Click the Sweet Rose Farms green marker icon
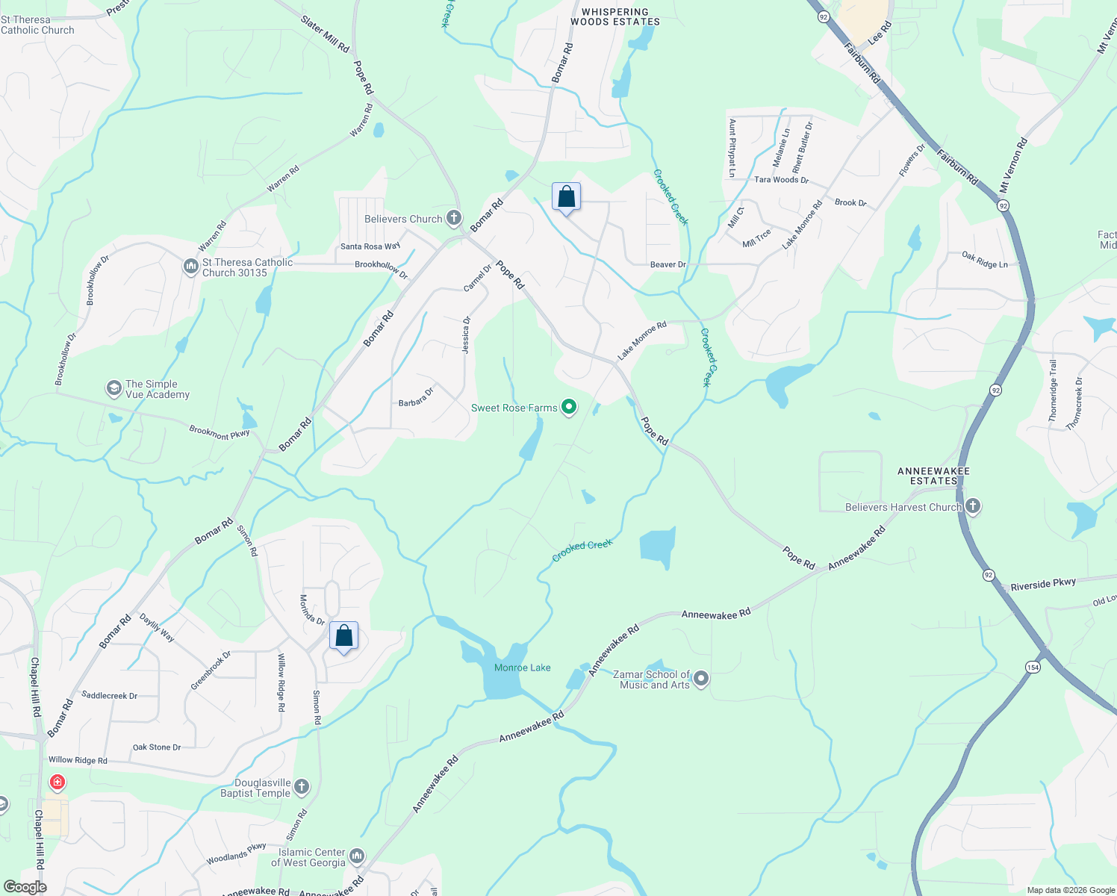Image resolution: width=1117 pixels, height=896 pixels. tap(569, 407)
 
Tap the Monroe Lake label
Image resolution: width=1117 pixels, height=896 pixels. tap(522, 668)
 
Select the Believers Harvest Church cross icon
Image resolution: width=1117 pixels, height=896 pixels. tap(972, 506)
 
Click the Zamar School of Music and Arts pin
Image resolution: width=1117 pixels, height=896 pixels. tap(700, 679)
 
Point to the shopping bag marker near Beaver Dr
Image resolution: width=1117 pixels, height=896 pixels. tap(566, 198)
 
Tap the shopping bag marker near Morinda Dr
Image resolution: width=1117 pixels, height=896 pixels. tap(343, 636)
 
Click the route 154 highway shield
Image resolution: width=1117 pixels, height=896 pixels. tap(1033, 667)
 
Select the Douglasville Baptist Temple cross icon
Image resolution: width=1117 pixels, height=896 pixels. tap(301, 786)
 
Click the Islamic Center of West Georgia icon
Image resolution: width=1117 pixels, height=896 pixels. tap(357, 856)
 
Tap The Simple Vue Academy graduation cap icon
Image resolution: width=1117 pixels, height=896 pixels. tap(113, 388)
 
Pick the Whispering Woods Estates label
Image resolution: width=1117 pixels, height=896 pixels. tap(615, 17)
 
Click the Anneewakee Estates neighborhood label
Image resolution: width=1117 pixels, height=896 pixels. tap(933, 476)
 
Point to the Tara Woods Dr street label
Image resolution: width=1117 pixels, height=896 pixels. tap(781, 180)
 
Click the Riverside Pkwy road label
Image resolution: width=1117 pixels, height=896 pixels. tap(1043, 585)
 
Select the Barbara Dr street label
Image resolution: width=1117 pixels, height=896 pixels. tap(416, 397)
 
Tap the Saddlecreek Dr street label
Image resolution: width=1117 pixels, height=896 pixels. tap(110, 695)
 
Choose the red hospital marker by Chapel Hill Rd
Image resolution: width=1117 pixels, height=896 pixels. tap(57, 783)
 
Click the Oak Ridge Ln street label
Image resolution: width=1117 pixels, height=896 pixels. tap(984, 260)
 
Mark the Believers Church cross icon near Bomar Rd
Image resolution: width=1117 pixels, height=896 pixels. tap(453, 218)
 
